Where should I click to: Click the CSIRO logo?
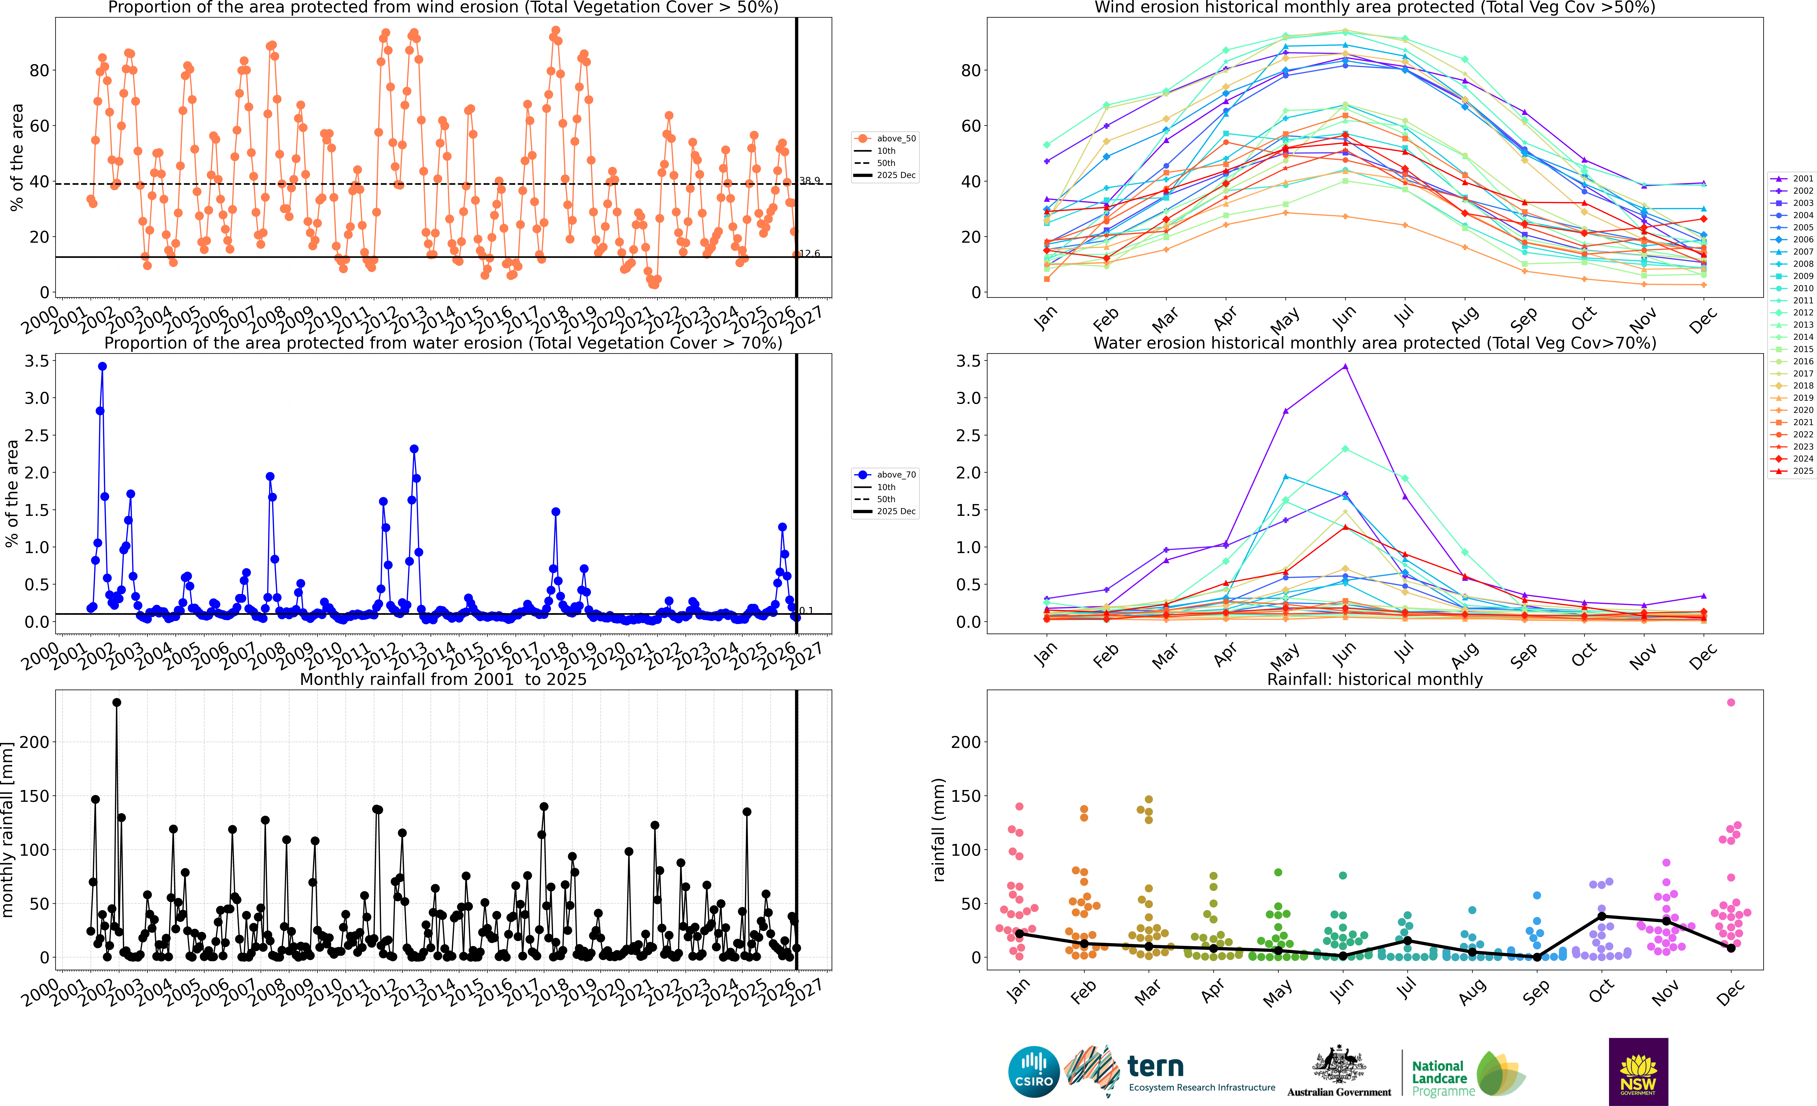[1033, 1071]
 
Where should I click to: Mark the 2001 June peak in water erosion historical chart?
[1345, 366]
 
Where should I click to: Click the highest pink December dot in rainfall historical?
[1731, 703]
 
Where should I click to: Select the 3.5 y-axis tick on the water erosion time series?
[37, 361]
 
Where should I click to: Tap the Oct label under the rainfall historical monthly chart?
[1601, 992]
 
